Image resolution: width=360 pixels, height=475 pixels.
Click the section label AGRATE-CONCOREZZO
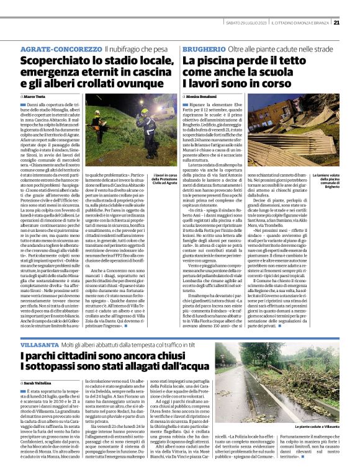pyautogui.click(x=60, y=48)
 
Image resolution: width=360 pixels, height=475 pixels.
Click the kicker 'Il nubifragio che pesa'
pyautogui.click(x=137, y=48)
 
